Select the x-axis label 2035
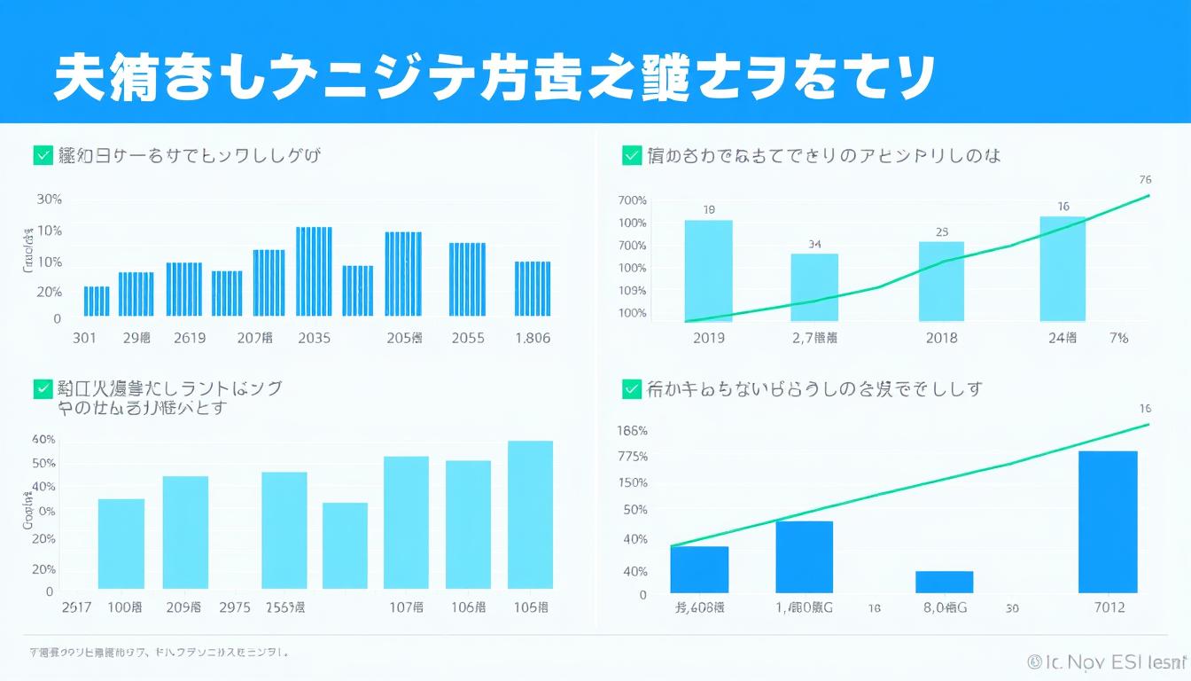315,338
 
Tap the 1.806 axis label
532,338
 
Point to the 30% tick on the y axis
50,200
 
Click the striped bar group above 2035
314,271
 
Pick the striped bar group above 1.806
533,288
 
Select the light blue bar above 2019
708,270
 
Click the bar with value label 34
814,287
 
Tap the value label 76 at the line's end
1145,179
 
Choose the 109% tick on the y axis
633,291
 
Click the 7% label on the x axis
1117,338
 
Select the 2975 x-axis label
234,607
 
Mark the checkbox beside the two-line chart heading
42,388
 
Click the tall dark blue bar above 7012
1107,521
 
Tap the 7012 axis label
1109,607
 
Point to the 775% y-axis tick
633,457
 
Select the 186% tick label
633,431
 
